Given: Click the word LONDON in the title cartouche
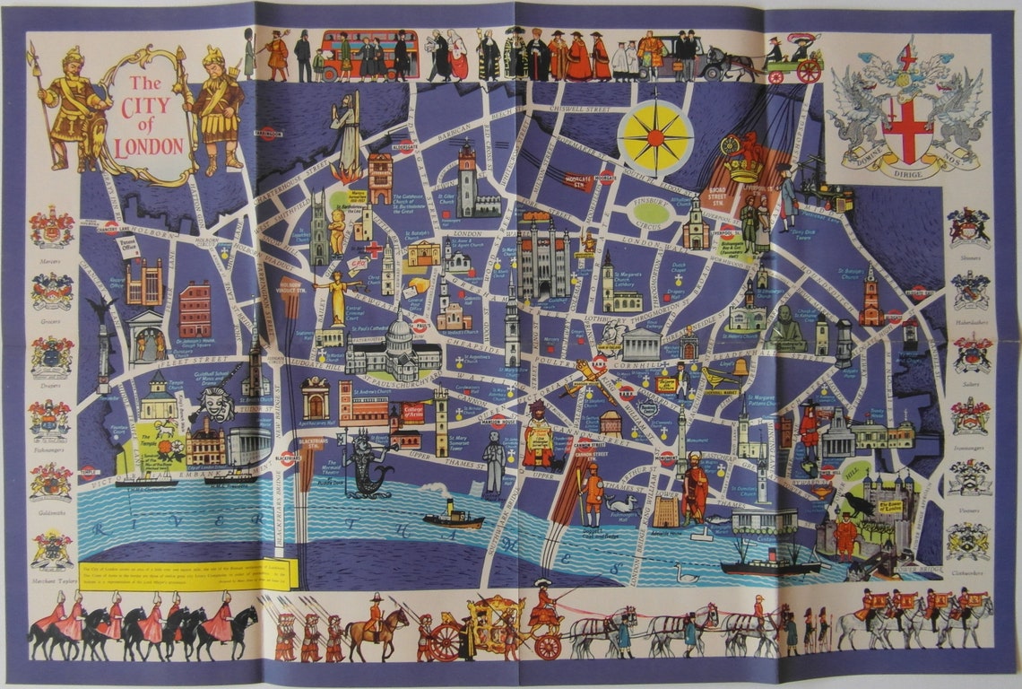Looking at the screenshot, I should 152,145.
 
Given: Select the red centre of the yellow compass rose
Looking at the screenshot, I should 656,137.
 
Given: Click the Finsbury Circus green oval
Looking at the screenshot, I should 654,212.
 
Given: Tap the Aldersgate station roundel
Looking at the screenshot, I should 404,147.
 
